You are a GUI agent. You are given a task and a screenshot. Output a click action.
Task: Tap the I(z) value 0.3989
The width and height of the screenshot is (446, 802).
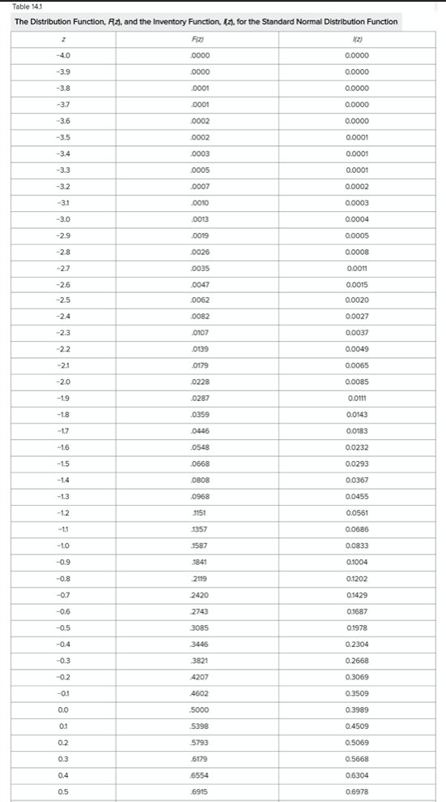357,709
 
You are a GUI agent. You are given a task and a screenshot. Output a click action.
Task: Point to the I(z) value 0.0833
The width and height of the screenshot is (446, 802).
357,545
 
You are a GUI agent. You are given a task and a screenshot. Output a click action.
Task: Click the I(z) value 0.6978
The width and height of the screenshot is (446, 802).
357,791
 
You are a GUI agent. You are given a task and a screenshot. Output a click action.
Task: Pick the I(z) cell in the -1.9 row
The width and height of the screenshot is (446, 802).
357,398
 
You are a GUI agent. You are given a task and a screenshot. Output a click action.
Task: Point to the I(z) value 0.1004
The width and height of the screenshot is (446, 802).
357,562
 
